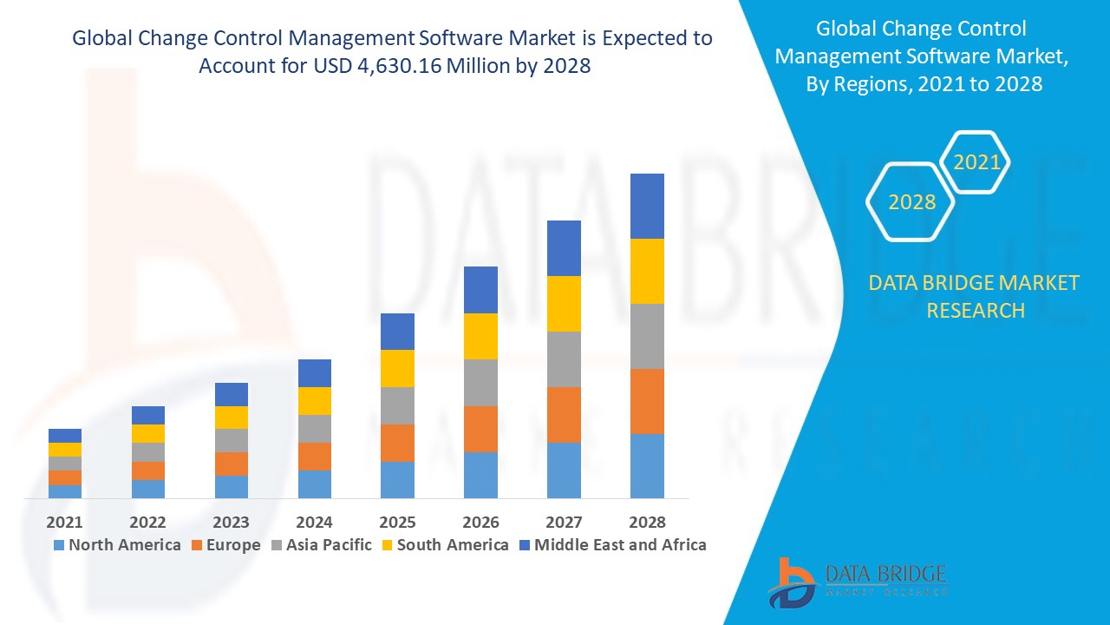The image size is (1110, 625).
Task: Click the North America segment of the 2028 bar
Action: click(x=647, y=466)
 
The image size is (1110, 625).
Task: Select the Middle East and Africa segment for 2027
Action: click(x=564, y=248)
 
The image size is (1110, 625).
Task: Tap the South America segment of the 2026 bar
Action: click(x=480, y=336)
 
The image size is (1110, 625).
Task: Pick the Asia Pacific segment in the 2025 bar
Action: click(x=397, y=405)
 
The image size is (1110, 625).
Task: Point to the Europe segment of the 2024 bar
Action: click(x=314, y=457)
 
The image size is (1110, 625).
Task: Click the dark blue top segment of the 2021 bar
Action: click(x=65, y=436)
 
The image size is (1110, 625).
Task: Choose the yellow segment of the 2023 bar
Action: click(x=231, y=418)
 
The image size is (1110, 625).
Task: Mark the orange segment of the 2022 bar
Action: click(x=147, y=470)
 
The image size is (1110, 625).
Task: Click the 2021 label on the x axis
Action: click(x=65, y=523)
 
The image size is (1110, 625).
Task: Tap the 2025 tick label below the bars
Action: click(x=397, y=523)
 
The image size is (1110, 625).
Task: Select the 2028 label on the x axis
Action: click(x=647, y=523)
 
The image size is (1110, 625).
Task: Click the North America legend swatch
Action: click(x=59, y=545)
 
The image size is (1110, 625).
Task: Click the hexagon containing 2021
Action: click(x=976, y=162)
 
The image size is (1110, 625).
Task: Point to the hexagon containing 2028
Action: click(x=911, y=202)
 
